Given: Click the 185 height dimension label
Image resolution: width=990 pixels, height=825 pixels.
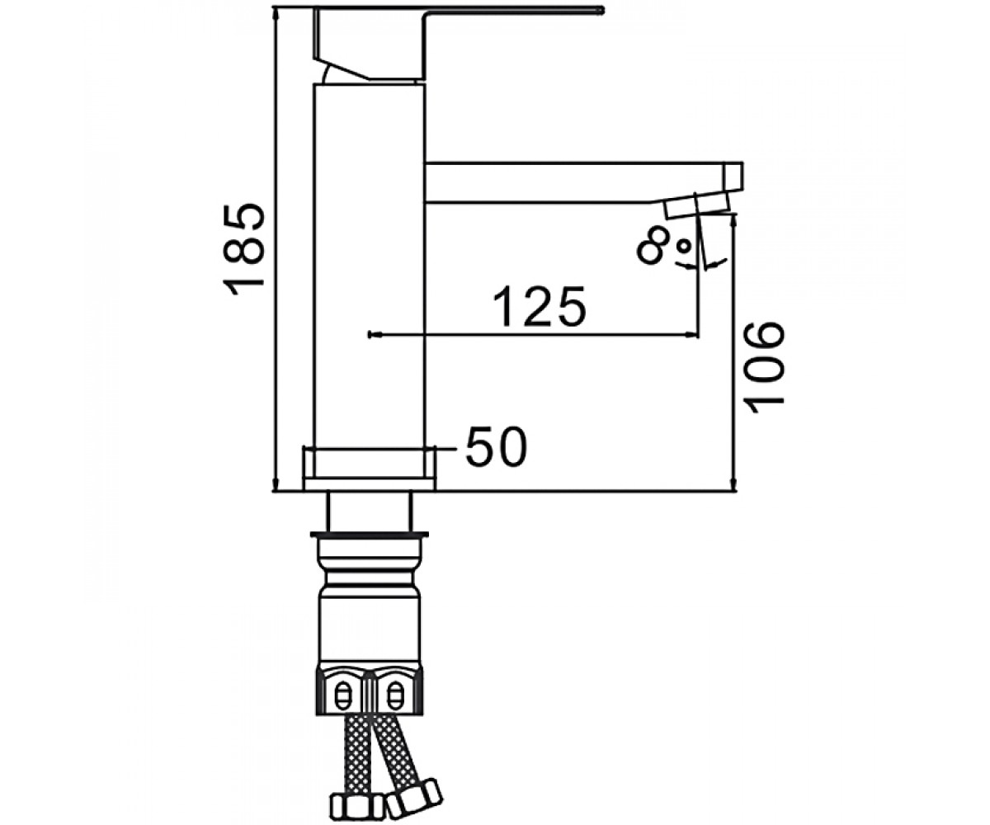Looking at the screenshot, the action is [x=243, y=249].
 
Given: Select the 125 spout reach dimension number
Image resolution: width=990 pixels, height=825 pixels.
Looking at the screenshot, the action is [x=540, y=306].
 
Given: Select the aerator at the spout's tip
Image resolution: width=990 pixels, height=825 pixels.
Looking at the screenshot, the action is [x=696, y=208].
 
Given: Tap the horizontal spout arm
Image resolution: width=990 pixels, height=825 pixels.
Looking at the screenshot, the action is [x=584, y=183].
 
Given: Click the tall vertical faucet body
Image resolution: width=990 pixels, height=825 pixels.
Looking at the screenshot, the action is [x=370, y=265].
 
